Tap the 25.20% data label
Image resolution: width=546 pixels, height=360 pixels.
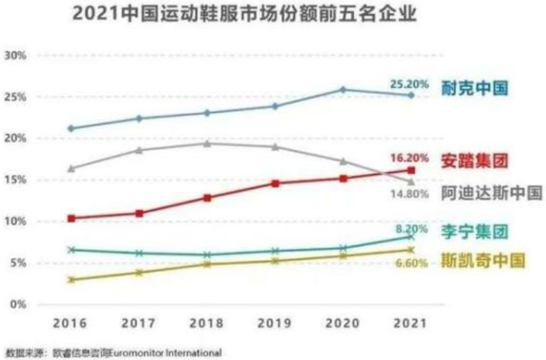pyautogui.click(x=409, y=84)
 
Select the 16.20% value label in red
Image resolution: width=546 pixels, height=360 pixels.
pyautogui.click(x=409, y=158)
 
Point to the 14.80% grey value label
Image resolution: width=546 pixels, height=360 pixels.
pyautogui.click(x=409, y=193)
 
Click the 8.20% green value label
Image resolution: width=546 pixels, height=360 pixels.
pyautogui.click(x=412, y=229)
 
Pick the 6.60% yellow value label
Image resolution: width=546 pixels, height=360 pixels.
pyautogui.click(x=410, y=263)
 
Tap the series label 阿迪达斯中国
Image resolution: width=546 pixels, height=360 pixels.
pyautogui.click(x=491, y=193)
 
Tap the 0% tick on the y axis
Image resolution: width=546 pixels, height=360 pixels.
pyautogui.click(x=18, y=305)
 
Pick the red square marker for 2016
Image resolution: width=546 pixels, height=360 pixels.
pyautogui.click(x=71, y=218)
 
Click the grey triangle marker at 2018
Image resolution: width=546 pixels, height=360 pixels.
pyautogui.click(x=207, y=144)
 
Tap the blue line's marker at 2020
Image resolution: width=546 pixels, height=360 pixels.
pyautogui.click(x=343, y=90)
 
